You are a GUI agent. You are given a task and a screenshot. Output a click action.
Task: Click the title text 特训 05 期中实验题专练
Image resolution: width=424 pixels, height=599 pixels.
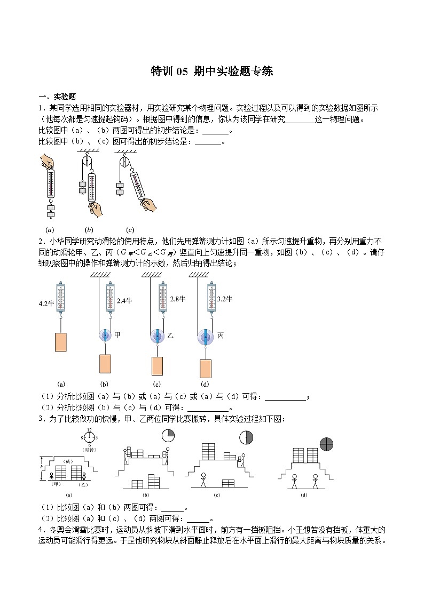click(212, 71)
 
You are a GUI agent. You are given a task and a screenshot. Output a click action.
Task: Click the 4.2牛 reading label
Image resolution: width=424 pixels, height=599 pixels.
click(47, 304)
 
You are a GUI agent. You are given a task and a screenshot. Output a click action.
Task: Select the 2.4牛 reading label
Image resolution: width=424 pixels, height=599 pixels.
click(124, 301)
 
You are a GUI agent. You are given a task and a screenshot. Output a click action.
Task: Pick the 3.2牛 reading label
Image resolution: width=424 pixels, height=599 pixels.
click(224, 299)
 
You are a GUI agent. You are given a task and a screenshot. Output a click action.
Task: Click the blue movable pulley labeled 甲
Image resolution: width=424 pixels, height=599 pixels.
click(104, 335)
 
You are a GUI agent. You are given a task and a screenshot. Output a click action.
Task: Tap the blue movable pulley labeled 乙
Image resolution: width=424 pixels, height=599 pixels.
click(156, 336)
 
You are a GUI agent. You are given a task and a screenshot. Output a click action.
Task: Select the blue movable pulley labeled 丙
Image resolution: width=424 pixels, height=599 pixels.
click(205, 336)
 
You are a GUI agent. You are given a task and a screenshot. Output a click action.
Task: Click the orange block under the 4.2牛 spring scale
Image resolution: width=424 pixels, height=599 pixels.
click(61, 342)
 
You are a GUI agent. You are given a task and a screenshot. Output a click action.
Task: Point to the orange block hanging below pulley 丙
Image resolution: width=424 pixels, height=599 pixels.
click(205, 369)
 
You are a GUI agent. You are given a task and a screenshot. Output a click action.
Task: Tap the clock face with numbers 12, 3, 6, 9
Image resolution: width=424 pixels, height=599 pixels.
click(89, 438)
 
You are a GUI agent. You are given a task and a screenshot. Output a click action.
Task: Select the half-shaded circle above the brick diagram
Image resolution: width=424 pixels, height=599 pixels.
click(246, 438)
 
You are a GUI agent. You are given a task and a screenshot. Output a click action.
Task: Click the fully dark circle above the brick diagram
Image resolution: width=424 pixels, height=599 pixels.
click(326, 444)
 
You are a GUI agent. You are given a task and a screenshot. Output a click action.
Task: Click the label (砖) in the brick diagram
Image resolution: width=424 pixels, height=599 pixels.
click(68, 460)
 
